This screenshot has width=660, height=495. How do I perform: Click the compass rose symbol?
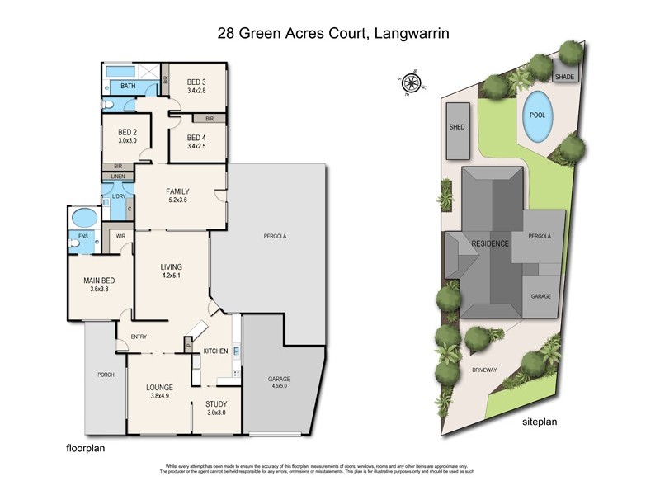coord(411,81)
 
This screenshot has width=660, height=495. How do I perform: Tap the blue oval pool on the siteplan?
coord(537,117)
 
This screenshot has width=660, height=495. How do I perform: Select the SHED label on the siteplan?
coord(457,128)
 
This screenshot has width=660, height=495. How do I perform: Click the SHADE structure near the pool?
coord(565,77)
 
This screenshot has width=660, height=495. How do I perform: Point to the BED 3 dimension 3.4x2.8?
coord(196,92)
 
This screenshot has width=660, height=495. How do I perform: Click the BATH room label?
coord(128,86)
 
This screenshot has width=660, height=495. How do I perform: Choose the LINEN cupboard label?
coord(117,177)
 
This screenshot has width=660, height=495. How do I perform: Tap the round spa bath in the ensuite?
coord(83,219)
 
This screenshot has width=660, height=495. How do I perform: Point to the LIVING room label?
coord(171,266)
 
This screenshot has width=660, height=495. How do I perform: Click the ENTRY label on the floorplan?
coord(138,336)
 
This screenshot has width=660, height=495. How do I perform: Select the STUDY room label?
coord(216,403)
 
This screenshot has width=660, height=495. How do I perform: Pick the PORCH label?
coord(106,375)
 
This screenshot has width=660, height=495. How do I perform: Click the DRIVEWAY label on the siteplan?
coord(484,370)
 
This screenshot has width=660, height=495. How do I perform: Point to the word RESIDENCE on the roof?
coord(490,244)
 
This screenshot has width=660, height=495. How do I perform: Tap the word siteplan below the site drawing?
coord(540,422)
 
